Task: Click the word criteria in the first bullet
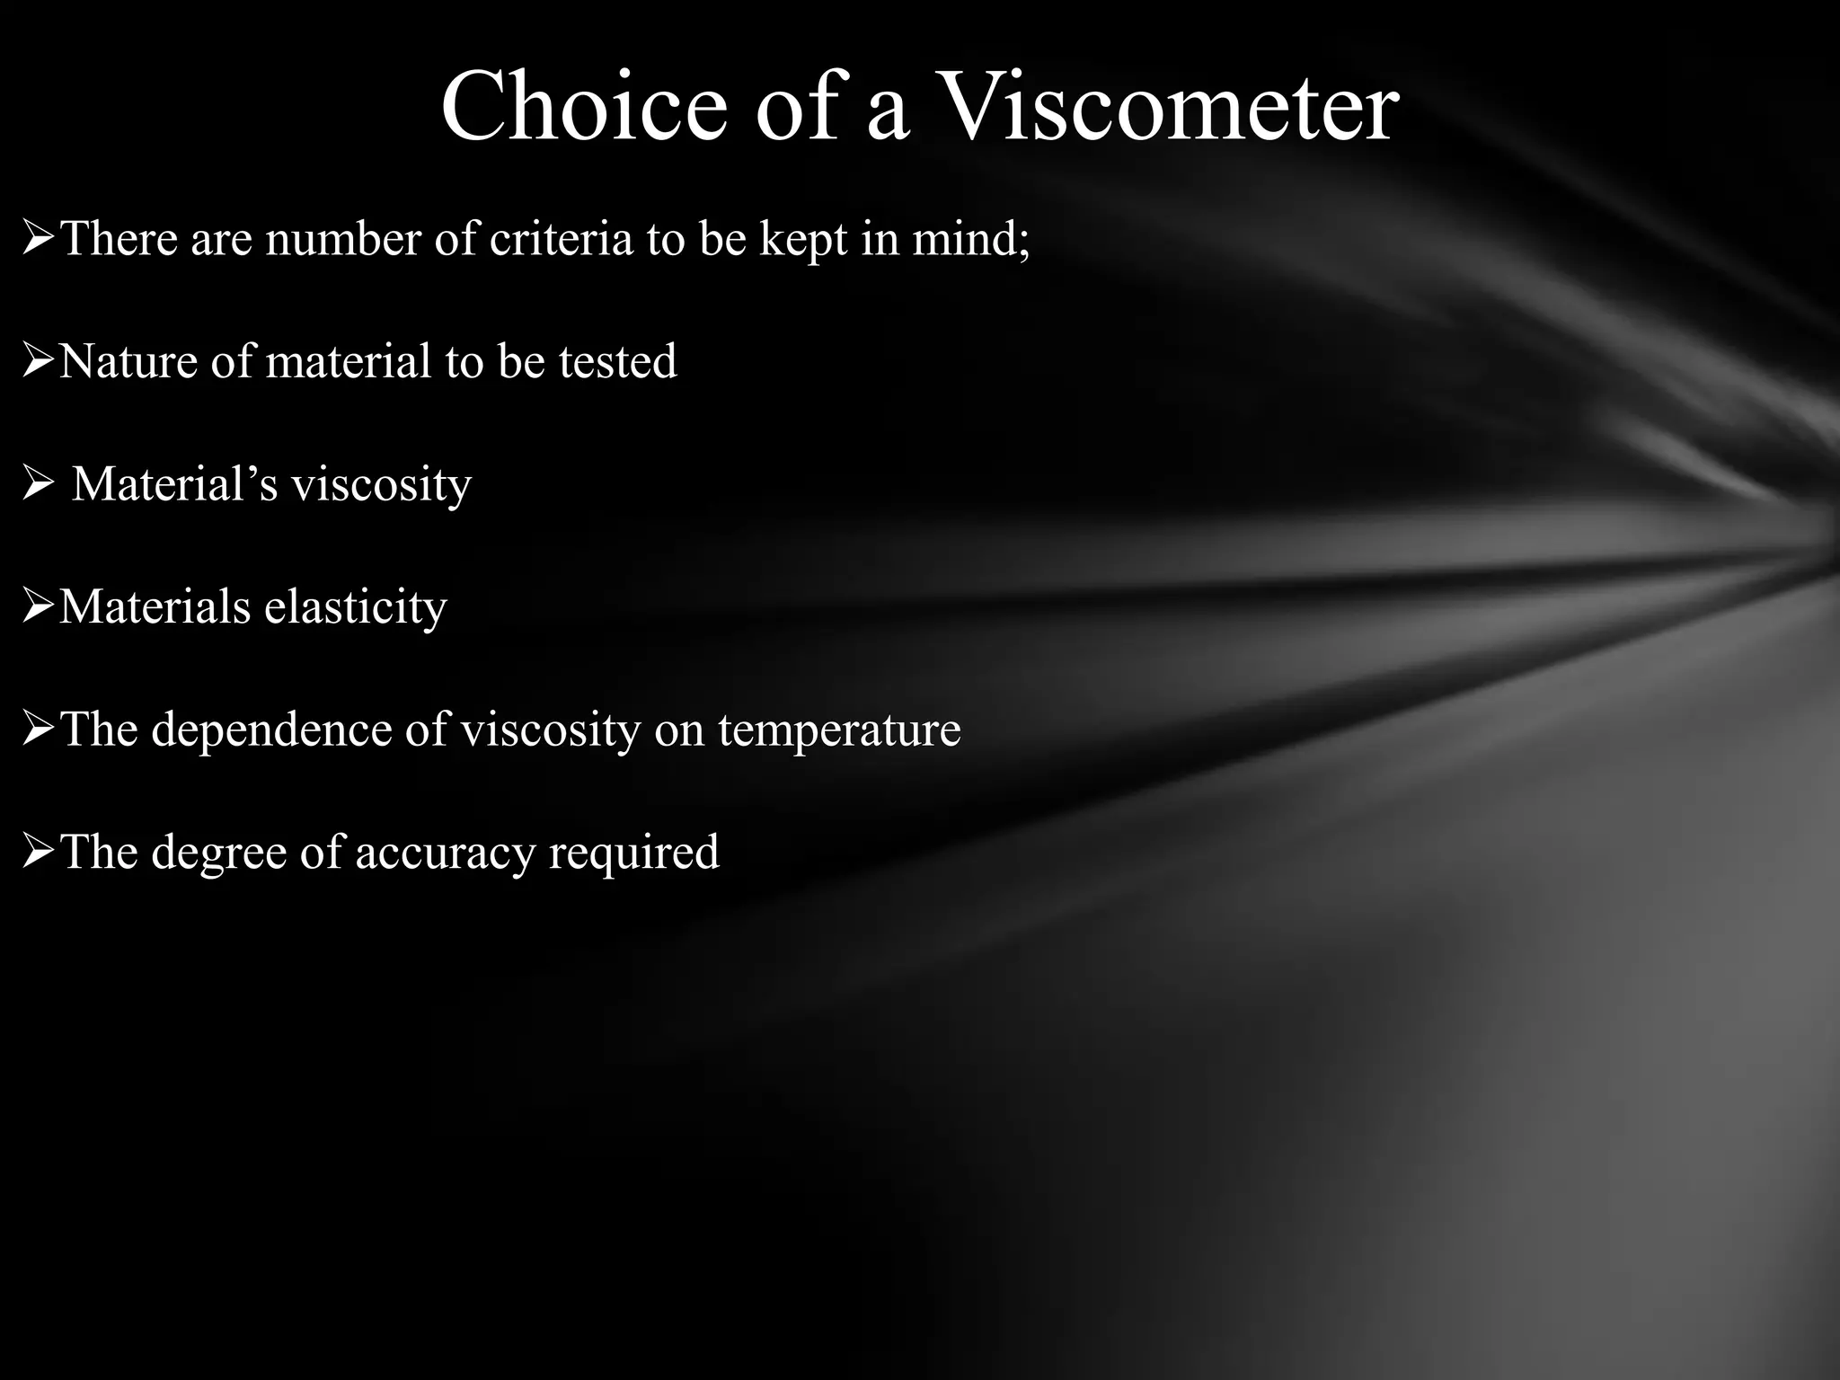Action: [x=561, y=239]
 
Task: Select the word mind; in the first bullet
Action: [x=971, y=239]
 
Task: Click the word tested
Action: [x=618, y=361]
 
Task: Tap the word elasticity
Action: [x=356, y=607]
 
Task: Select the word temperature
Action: [x=839, y=730]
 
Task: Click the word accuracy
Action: [x=445, y=853]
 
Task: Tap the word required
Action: [x=634, y=853]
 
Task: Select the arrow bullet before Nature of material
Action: [x=38, y=362]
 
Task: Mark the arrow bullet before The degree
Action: [x=38, y=853]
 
